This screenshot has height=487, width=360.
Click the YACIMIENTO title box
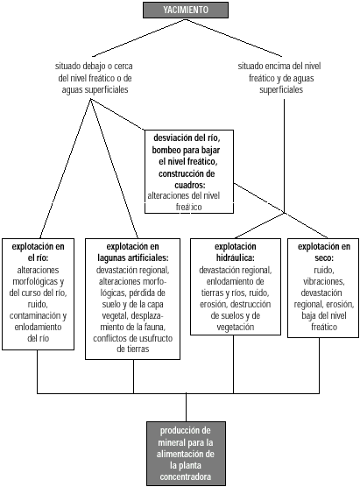coord(186,10)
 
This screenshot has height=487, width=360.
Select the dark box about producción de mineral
coord(186,454)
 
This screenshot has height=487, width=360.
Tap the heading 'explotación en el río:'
coord(38,252)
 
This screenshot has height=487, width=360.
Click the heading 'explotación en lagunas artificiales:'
coord(132,252)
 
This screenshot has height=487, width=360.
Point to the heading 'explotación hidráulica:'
coord(235,252)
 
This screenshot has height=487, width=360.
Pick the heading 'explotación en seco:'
coord(324,252)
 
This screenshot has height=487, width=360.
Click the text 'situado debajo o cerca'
coord(94,67)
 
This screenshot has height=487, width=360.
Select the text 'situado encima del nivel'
coord(279,67)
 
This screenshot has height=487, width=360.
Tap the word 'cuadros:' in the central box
coord(190,185)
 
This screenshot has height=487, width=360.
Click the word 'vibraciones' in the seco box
coord(323,281)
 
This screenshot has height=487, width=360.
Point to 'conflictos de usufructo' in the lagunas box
coord(132,338)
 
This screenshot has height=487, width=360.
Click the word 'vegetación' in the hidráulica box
coord(235,327)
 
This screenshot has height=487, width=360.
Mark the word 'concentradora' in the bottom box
coord(186,476)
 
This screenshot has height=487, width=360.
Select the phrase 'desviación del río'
coord(189,138)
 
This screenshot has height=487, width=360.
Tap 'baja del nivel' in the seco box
coord(324,315)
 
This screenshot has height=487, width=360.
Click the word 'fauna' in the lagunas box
coord(156,327)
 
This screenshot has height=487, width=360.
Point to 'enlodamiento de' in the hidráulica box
coord(235,281)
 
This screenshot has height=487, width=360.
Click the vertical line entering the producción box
coord(186,407)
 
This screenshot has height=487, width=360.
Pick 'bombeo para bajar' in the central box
coord(186,150)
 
